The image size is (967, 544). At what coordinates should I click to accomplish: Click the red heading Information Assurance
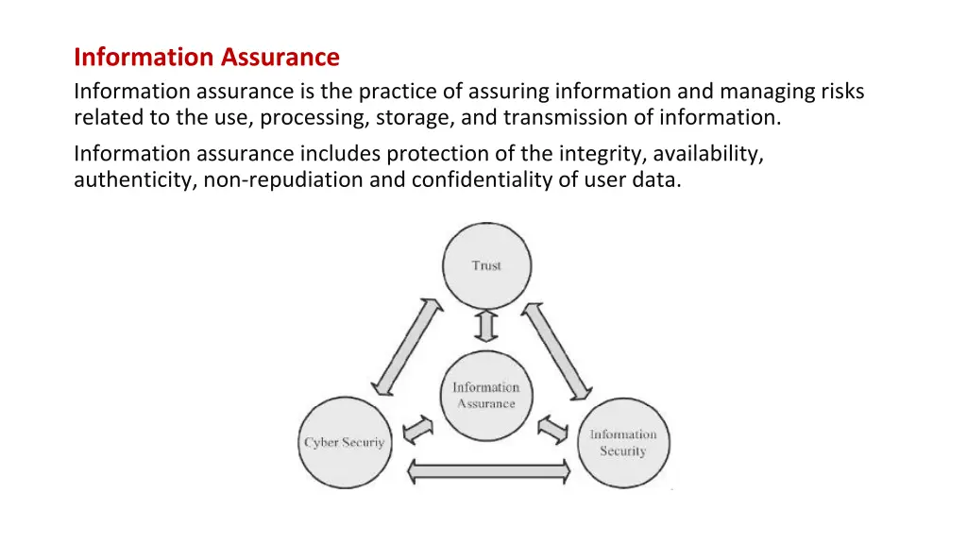[x=206, y=58]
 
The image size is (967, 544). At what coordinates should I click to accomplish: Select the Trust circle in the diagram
[x=486, y=265]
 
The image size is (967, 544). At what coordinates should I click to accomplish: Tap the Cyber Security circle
[x=344, y=442]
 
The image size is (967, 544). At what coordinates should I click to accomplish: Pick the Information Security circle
[x=622, y=442]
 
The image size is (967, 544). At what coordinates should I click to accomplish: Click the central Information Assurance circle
[x=486, y=396]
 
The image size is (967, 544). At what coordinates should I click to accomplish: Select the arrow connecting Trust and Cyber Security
[x=406, y=348]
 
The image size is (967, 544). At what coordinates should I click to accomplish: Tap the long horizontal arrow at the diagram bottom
[x=488, y=469]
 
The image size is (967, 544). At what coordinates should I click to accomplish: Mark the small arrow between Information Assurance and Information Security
[x=552, y=428]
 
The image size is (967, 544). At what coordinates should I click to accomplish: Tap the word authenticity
[x=133, y=180]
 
